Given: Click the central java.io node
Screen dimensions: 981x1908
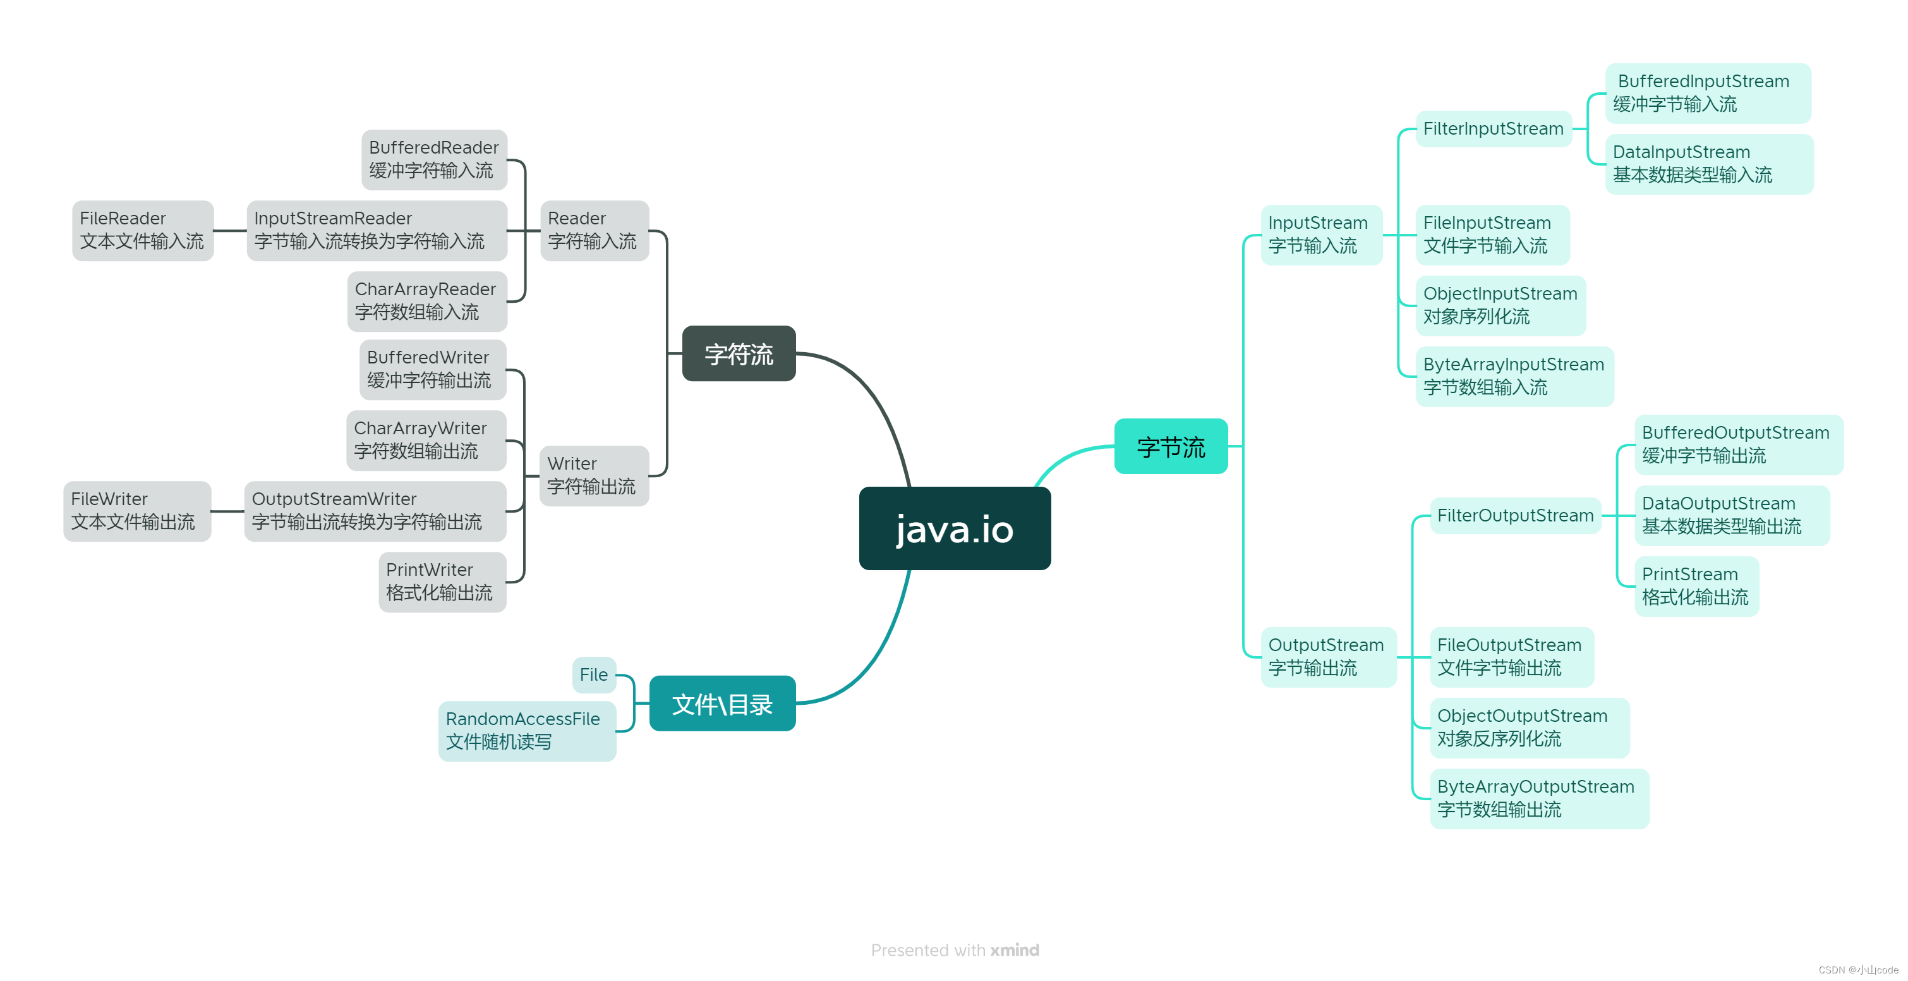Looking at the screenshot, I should tap(954, 528).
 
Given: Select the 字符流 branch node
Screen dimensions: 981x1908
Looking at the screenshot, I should tap(739, 354).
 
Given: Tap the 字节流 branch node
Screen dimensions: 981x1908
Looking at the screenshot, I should tap(1170, 447).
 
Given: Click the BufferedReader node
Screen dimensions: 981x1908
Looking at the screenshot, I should tap(434, 159).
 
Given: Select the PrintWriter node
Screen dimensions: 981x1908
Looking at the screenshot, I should tap(442, 582).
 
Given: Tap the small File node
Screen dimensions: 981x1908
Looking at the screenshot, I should tap(593, 675).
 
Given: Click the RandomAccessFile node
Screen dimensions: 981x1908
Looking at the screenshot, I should tap(527, 731).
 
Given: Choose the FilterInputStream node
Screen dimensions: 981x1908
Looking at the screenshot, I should tap(1493, 129).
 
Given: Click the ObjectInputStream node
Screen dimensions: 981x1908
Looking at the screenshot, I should tap(1500, 305).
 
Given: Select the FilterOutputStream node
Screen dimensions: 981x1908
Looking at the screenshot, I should tap(1514, 516).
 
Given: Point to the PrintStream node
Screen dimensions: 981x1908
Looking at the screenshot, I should tap(1696, 586).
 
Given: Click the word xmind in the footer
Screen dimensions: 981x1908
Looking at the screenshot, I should tap(1015, 950).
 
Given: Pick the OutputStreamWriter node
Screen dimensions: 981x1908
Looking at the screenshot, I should tap(375, 511).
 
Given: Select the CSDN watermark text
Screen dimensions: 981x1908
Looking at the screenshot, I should tap(1857, 970).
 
